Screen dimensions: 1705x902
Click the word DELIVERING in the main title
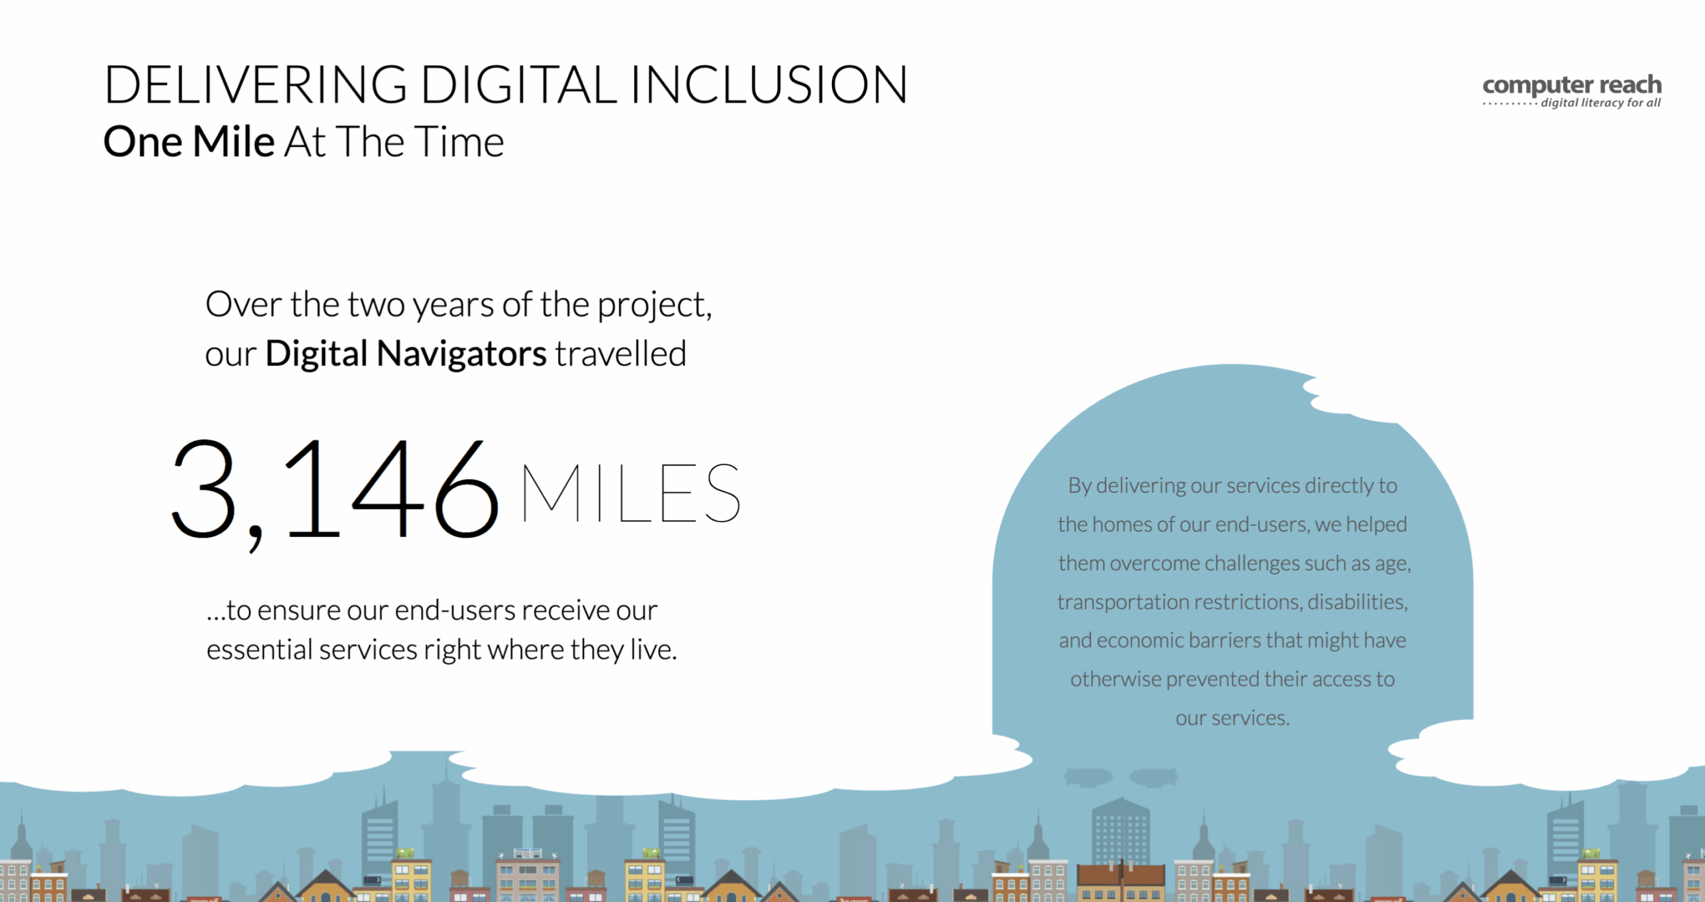(x=256, y=85)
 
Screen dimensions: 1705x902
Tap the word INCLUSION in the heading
(x=769, y=85)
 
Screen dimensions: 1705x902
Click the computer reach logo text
(x=1572, y=86)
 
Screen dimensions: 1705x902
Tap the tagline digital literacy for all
(x=1600, y=103)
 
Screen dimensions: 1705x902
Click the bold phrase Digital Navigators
(x=406, y=354)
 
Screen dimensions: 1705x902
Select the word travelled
(x=621, y=354)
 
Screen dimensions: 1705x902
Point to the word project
(x=654, y=306)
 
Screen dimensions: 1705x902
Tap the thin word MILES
(x=630, y=493)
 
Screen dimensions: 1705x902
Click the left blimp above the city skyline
(x=1088, y=777)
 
